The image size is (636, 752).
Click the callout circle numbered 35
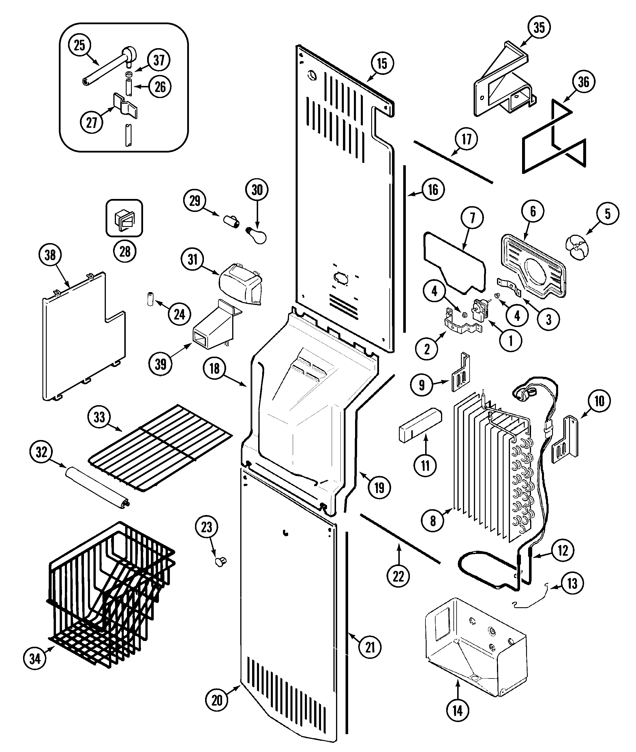(x=539, y=27)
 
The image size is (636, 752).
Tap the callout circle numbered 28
(x=125, y=251)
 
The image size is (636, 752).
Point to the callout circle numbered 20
(x=217, y=700)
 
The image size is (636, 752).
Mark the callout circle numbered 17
(x=466, y=139)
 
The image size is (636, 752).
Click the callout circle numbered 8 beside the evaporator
(x=433, y=520)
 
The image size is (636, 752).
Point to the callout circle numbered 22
(x=398, y=576)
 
